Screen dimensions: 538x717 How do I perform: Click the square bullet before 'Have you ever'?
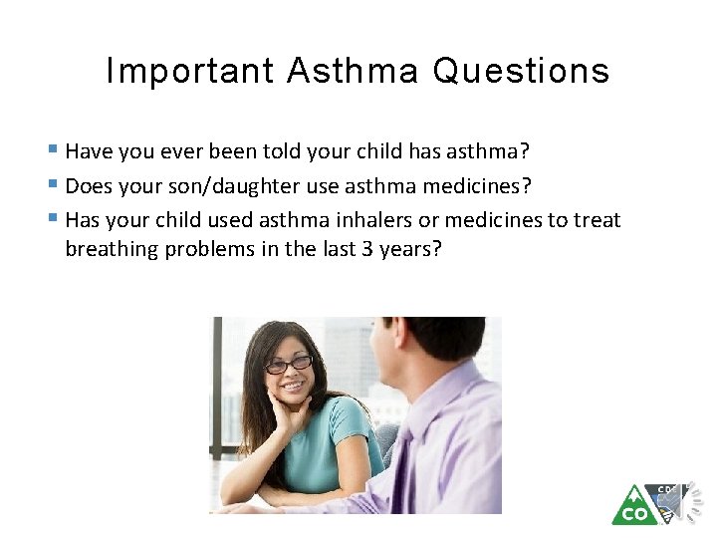[52, 151]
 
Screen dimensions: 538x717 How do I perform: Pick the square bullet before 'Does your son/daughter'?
[52, 185]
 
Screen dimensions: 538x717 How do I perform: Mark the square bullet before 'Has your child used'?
[52, 219]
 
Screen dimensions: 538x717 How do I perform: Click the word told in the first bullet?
[290, 152]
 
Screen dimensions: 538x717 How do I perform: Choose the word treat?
[597, 220]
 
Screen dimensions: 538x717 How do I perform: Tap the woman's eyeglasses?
[288, 365]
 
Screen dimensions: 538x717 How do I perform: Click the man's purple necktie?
[404, 468]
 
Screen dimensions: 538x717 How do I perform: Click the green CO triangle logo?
[632, 506]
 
